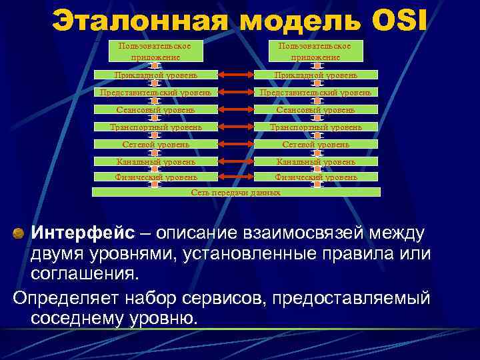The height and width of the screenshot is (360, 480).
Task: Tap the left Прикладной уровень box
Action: (155, 75)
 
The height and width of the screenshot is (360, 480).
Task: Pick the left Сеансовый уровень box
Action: (155, 109)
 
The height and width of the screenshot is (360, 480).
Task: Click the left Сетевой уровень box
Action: (155, 143)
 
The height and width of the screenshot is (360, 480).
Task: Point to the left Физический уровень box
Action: (155, 177)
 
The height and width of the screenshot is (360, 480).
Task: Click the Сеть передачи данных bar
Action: (235, 192)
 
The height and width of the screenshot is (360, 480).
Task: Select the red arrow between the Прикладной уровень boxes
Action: (235, 75)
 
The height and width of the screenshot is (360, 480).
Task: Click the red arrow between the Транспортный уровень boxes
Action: (235, 127)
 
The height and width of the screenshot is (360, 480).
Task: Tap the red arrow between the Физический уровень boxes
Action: (235, 177)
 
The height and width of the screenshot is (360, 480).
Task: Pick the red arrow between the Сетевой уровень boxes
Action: (235, 143)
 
